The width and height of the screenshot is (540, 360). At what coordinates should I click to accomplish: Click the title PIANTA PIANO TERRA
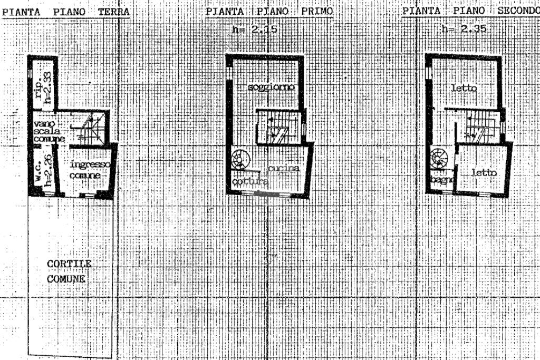(66, 11)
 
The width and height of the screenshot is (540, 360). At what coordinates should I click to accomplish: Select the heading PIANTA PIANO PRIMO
(269, 11)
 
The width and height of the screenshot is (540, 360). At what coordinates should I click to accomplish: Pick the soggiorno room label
(271, 87)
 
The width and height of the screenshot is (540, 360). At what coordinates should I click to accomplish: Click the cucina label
(284, 169)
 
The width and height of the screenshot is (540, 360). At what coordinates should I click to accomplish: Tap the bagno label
(442, 180)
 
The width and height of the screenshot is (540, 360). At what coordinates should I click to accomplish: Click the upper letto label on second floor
(465, 89)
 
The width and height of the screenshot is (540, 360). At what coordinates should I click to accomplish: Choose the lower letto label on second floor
(484, 172)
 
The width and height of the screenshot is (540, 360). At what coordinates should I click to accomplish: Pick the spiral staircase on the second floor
(440, 159)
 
